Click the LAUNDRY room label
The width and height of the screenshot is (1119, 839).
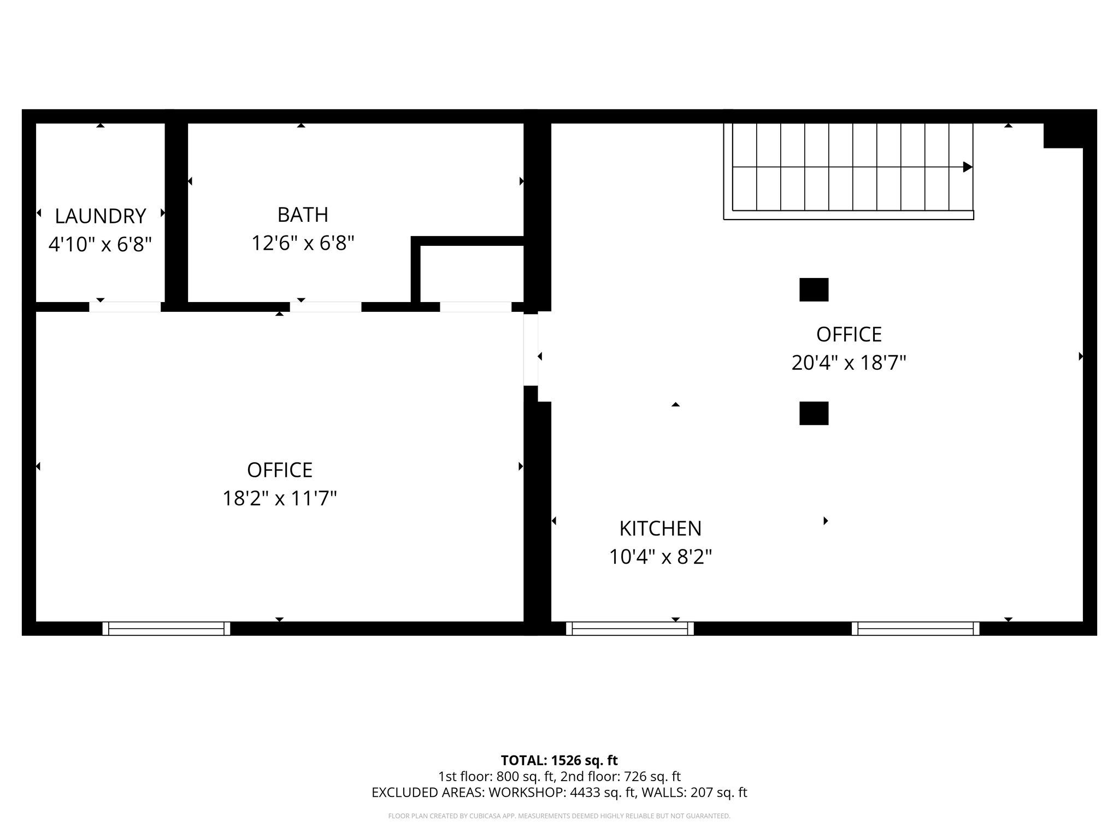coord(101,216)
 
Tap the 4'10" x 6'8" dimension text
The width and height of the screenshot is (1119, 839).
coord(100,244)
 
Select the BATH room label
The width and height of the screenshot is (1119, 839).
coord(303,215)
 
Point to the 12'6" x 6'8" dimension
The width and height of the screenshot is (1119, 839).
coord(303,243)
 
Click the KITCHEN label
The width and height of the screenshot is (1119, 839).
coord(660,528)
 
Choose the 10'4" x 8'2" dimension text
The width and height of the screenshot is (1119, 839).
coord(660,557)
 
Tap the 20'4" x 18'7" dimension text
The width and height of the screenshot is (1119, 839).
coord(849,363)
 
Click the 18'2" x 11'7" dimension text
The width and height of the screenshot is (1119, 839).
coord(279,498)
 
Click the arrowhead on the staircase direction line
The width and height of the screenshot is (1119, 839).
coord(967,167)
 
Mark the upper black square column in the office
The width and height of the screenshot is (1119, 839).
coord(814,290)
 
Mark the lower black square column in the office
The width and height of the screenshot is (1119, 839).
coord(814,413)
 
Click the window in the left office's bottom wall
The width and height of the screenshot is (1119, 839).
coord(166,629)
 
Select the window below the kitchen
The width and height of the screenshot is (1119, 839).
coord(629,629)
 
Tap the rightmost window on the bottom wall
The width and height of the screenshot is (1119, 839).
coord(915,629)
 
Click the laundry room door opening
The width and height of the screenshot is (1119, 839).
coord(125,307)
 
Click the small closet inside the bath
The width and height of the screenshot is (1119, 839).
coord(472,273)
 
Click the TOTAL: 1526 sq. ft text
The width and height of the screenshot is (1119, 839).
coord(559,760)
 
